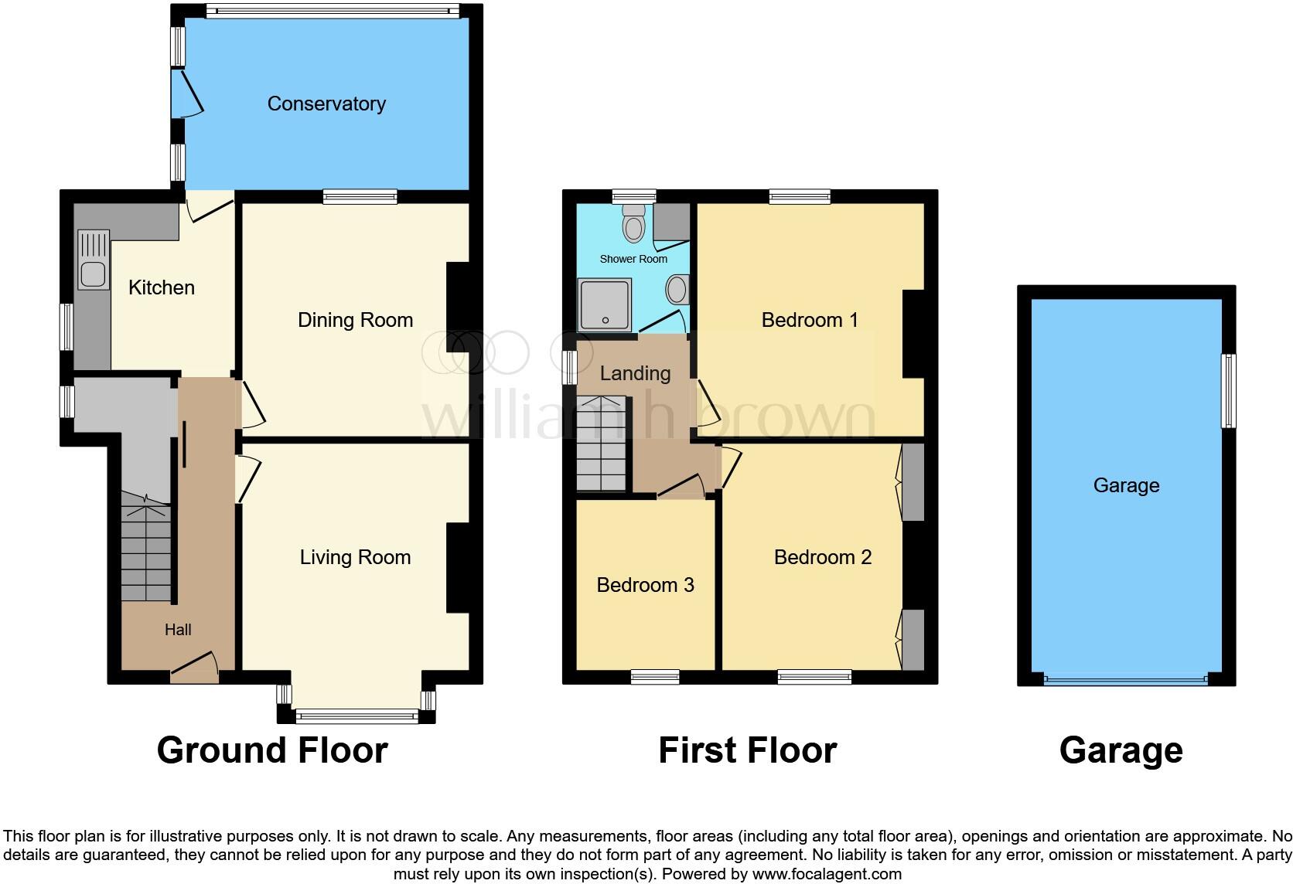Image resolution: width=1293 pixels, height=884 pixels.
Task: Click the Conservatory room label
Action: [326, 104]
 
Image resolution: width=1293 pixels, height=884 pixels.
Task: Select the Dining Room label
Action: [355, 320]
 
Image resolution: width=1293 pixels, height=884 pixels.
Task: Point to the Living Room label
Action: [355, 557]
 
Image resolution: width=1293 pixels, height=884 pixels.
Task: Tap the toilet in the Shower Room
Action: [635, 224]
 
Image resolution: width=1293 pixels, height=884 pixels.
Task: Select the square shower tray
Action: [604, 304]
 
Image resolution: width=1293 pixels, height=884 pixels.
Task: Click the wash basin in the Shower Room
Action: [677, 291]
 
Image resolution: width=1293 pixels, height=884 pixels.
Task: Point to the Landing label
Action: [635, 373]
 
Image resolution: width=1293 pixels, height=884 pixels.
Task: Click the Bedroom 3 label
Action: [645, 585]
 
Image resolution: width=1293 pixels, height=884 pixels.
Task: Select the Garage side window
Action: [1227, 390]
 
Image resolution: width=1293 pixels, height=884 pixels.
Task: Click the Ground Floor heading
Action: [271, 750]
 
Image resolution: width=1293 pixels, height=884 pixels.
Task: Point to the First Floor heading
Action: [747, 750]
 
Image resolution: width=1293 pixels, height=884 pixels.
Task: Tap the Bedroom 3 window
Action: [654, 678]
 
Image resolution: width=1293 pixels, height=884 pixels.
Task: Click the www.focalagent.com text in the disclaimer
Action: [827, 875]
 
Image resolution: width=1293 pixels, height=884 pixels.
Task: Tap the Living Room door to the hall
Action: [250, 479]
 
